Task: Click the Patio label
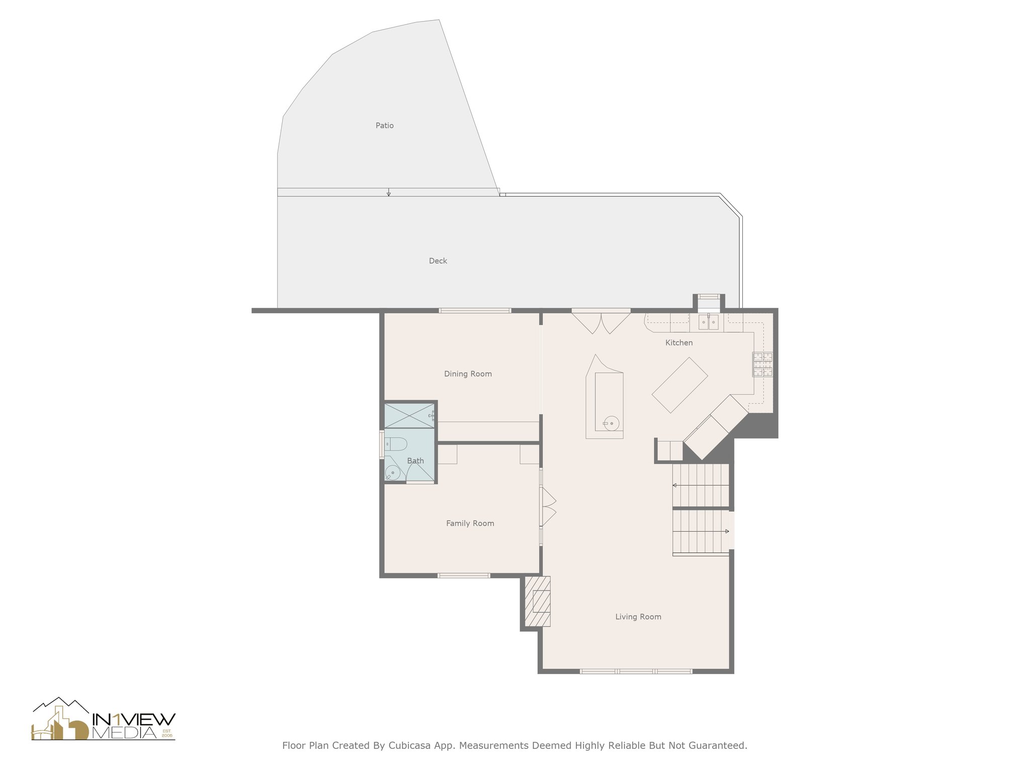point(384,126)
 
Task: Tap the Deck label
point(438,261)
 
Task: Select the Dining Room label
point(468,374)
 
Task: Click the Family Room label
point(470,523)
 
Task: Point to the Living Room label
point(638,617)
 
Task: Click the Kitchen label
point(678,343)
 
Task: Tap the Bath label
point(415,461)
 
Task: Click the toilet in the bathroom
point(396,444)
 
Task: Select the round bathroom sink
point(392,473)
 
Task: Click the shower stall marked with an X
point(409,415)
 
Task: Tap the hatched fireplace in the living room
point(538,601)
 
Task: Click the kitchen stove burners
point(762,365)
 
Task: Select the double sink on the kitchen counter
point(708,322)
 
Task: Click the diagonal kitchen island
point(679,385)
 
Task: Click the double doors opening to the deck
point(601,323)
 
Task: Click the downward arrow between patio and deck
point(388,192)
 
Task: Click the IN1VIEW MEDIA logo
point(104,719)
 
